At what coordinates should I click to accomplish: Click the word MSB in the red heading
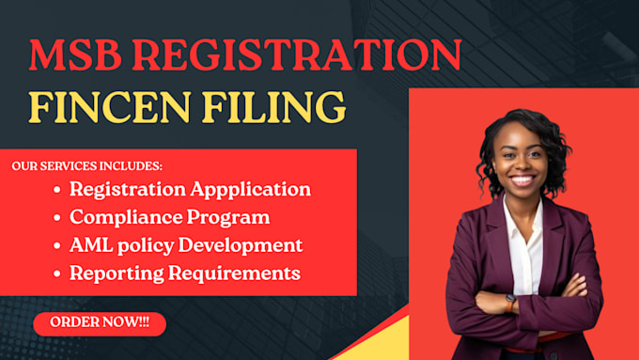point(75,55)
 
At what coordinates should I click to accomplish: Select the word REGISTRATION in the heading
point(297,55)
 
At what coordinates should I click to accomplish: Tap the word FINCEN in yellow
point(109,107)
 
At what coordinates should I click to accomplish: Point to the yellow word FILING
point(273,108)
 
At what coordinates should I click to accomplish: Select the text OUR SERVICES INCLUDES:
point(86,166)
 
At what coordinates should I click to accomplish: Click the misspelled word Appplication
point(251,190)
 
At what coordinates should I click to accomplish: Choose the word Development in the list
point(241,246)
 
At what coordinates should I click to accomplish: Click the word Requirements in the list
point(234,274)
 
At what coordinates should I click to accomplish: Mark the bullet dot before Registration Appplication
point(57,190)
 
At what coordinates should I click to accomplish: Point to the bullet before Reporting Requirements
point(57,274)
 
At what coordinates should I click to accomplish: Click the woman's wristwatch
point(510,304)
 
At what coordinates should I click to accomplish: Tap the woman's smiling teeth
point(522,180)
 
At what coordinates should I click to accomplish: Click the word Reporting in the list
point(117,274)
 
